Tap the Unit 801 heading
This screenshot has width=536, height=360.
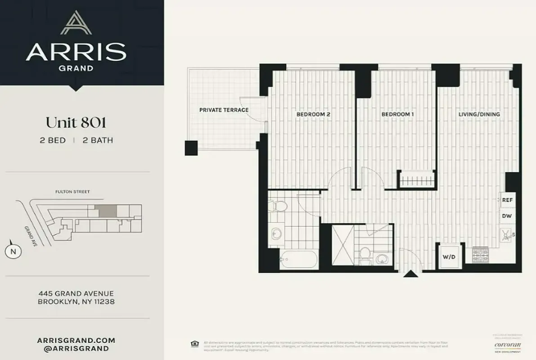click(76, 122)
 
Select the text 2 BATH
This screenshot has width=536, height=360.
click(98, 140)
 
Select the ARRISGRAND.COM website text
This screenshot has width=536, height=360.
click(76, 340)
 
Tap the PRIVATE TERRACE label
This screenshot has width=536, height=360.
click(223, 110)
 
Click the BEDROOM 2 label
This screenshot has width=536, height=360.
click(313, 114)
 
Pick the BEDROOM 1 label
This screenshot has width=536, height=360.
click(397, 114)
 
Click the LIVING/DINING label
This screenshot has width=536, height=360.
click(479, 114)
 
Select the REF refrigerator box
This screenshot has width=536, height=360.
click(507, 200)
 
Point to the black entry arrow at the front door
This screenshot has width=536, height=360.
click(410, 274)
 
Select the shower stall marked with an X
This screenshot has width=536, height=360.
click(343, 247)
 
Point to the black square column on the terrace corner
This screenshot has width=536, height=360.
click(191, 148)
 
